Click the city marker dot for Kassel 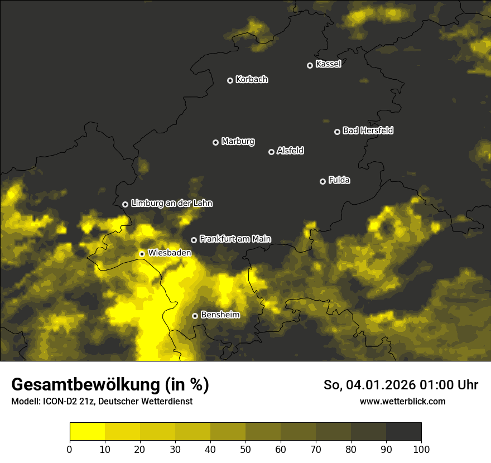click(310, 65)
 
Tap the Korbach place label click(252, 80)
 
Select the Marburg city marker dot click(215, 142)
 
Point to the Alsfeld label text click(290, 151)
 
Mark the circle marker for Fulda click(322, 181)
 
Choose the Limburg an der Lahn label click(172, 204)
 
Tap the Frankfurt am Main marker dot click(194, 240)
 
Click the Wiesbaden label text click(170, 253)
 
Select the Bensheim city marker click(195, 316)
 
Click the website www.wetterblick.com click(402, 401)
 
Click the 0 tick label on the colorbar click(70, 449)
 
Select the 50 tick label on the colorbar click(245, 449)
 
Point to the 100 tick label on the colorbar click(421, 449)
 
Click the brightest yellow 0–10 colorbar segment click(87, 432)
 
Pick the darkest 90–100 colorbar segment click(403, 432)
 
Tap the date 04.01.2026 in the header click(377, 385)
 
